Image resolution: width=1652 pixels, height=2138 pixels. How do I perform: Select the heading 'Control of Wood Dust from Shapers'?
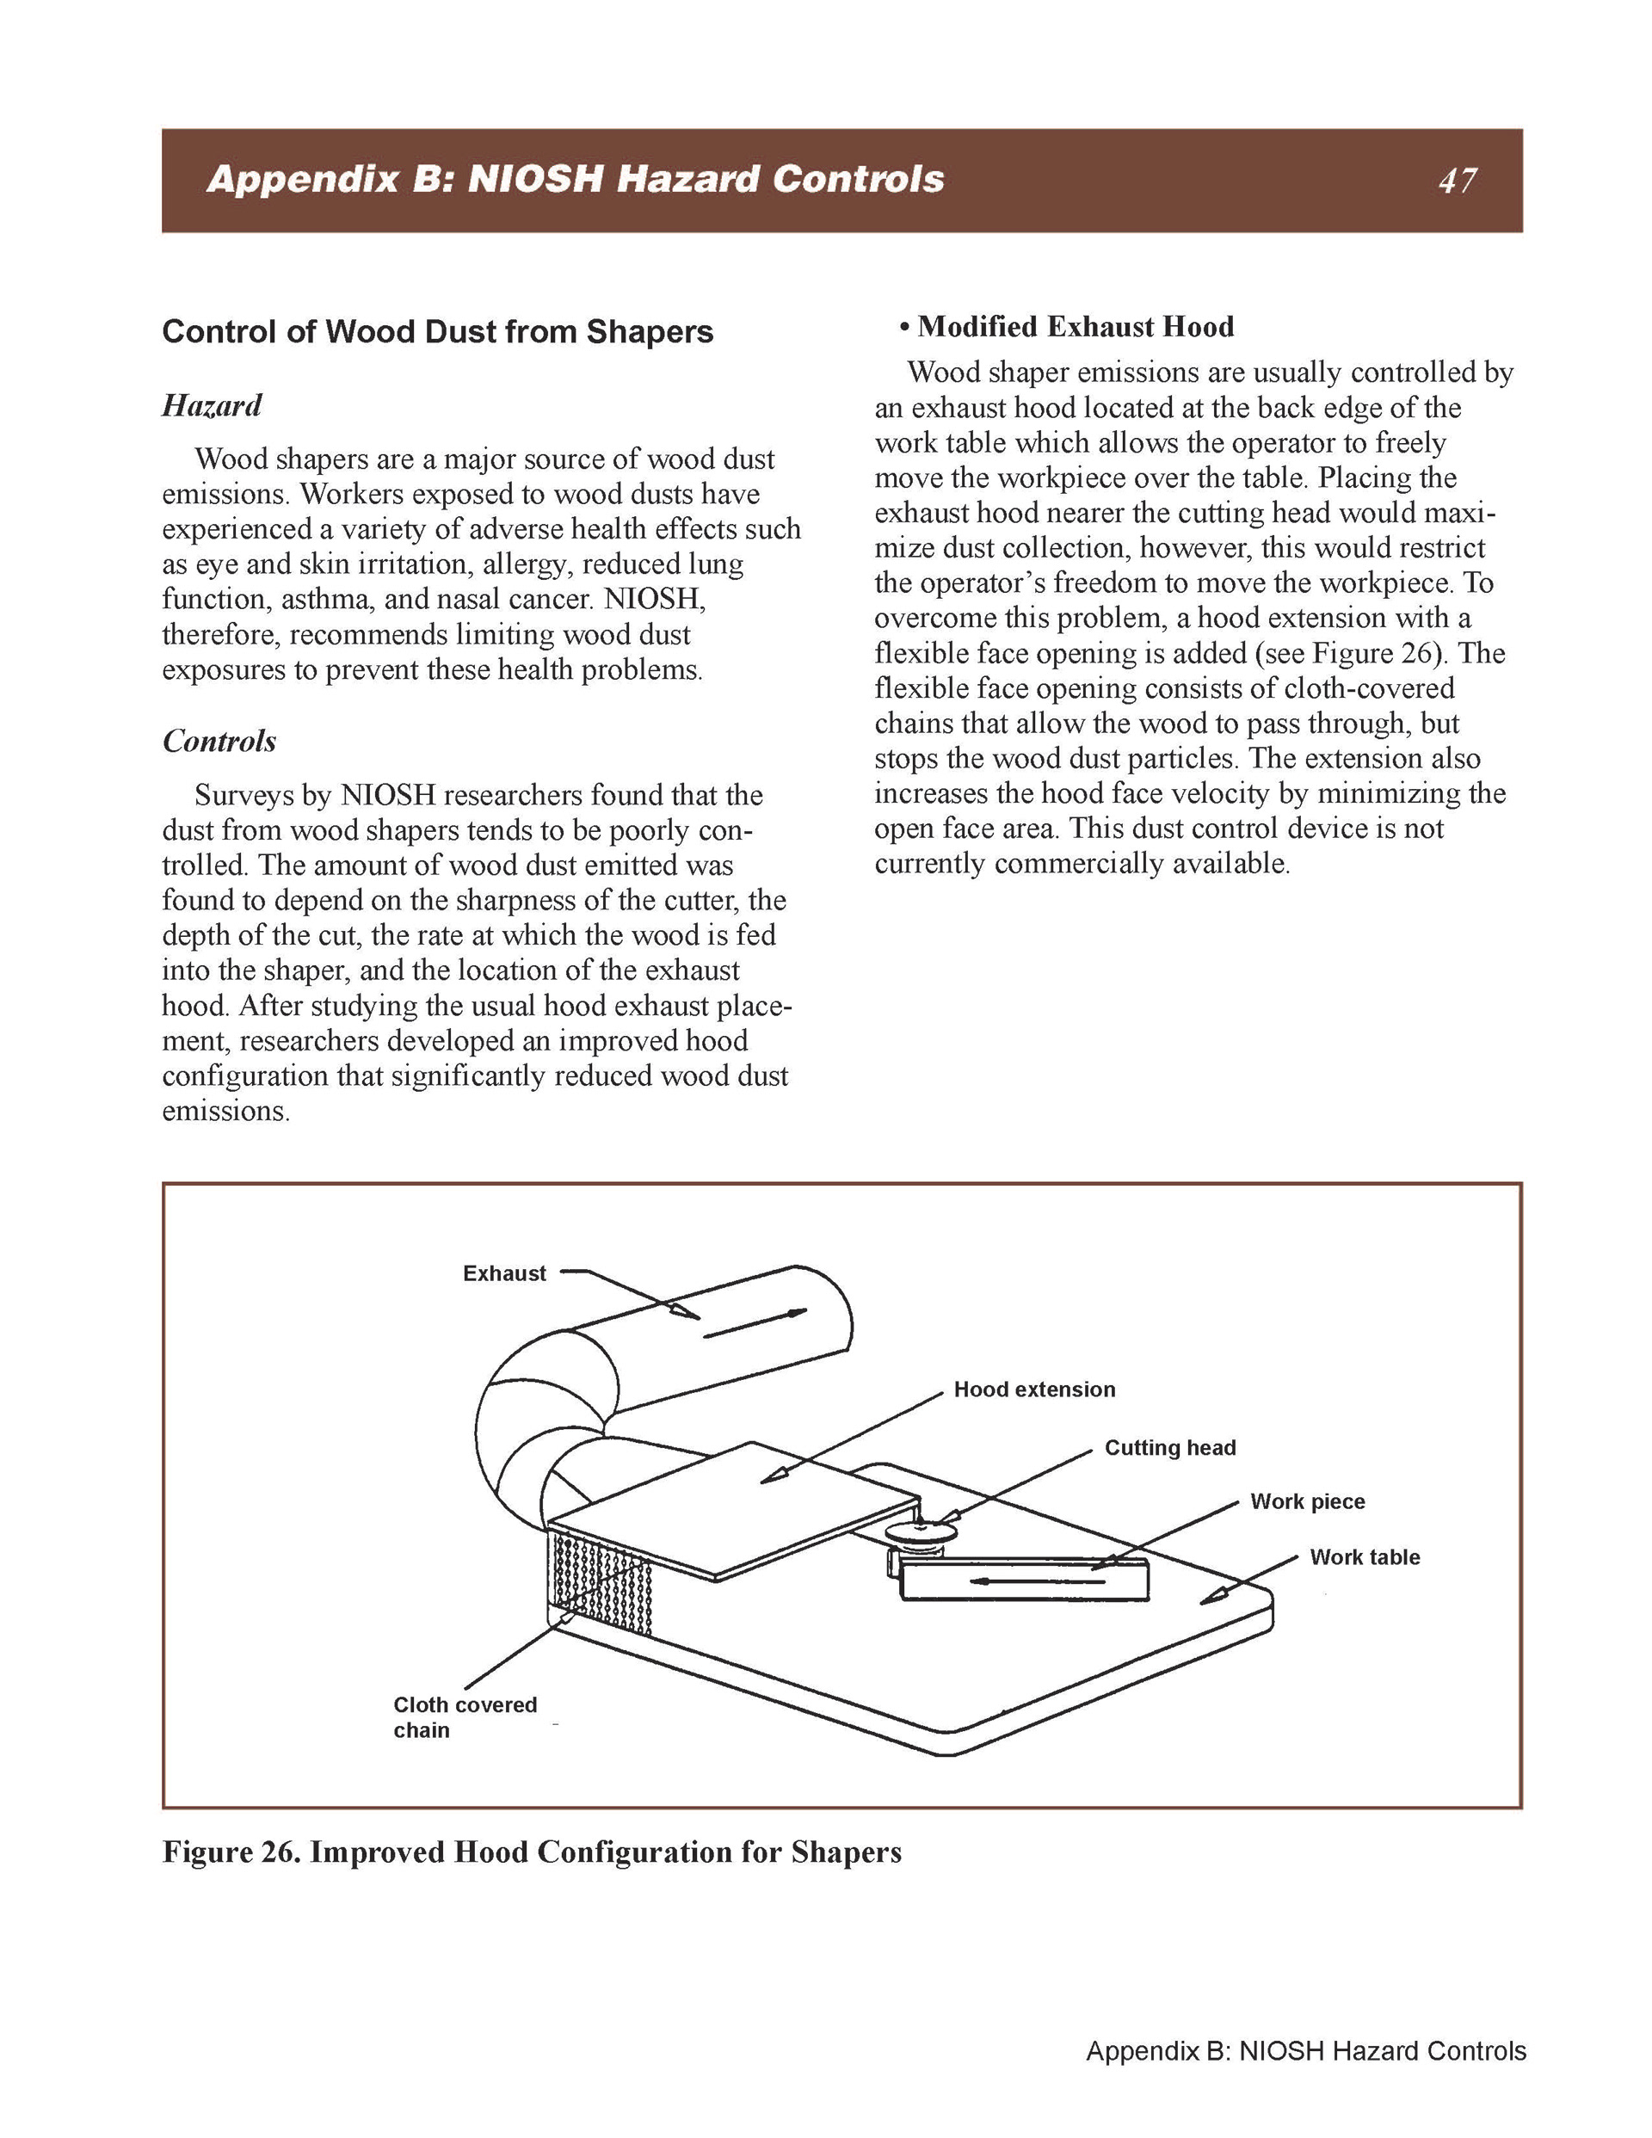[438, 332]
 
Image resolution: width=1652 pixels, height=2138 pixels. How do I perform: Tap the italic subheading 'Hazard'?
[212, 405]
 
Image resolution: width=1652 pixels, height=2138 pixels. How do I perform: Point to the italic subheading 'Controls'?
[219, 741]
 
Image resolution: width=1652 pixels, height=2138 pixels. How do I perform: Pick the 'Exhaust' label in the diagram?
[504, 1273]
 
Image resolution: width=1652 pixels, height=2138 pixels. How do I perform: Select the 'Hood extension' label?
[1034, 1389]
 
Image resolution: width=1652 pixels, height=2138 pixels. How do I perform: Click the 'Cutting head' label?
[1170, 1448]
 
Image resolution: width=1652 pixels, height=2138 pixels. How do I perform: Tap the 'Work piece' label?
[1307, 1501]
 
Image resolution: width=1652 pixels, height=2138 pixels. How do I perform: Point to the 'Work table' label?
[1364, 1557]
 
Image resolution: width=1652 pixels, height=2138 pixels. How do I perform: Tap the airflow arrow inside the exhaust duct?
[754, 1322]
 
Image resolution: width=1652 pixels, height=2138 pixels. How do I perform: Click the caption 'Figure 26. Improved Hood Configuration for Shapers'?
[532, 1852]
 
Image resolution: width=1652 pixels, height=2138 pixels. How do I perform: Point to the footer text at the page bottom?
[1305, 2051]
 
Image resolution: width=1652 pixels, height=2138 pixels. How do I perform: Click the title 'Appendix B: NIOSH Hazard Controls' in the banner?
[575, 180]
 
